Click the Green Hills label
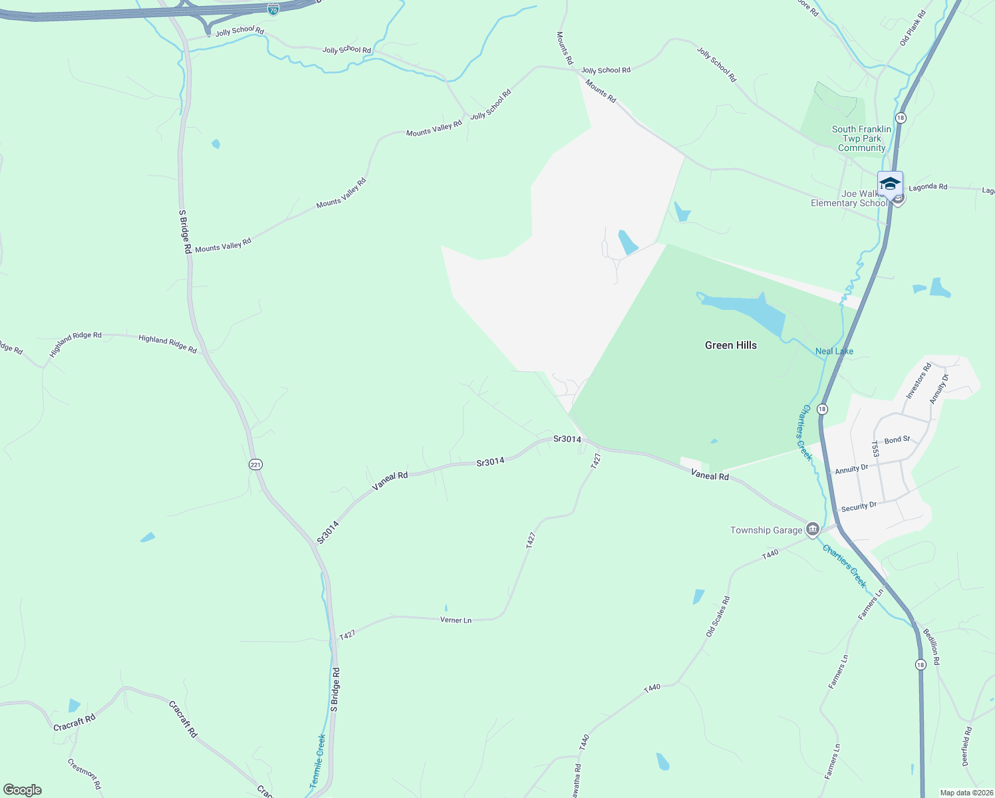point(730,345)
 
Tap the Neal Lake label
point(834,351)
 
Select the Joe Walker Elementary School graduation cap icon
point(890,184)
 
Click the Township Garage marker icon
point(812,529)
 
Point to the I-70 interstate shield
point(273,9)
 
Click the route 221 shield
point(255,464)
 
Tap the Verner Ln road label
point(456,620)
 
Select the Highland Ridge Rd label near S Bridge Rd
point(168,344)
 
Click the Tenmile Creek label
point(319,761)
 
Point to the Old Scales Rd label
point(718,616)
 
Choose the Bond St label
point(897,440)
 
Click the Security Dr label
point(859,507)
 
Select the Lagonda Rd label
point(928,188)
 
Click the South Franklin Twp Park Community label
point(861,138)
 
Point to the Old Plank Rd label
point(913,28)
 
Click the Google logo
point(23,790)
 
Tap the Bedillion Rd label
point(931,647)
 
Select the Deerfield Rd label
point(967,746)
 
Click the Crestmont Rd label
point(84,774)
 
